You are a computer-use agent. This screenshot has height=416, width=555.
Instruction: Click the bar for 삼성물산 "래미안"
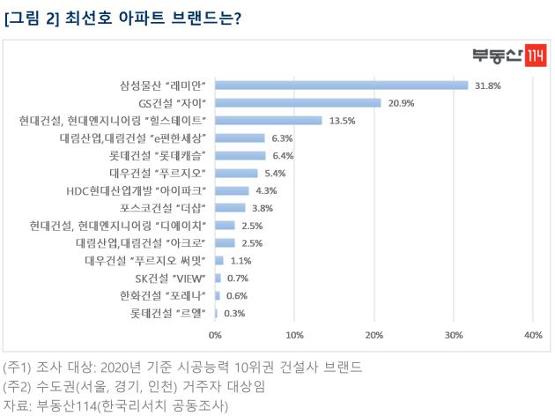tap(342, 85)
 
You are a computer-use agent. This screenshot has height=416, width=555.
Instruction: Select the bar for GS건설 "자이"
tap(298, 103)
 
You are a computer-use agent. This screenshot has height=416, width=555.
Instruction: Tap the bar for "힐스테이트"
tap(269, 120)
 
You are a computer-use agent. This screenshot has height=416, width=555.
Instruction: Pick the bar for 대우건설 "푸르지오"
tap(236, 173)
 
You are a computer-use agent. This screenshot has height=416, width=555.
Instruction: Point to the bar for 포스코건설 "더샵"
tap(230, 208)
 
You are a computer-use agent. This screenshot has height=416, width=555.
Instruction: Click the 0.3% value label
tap(234, 313)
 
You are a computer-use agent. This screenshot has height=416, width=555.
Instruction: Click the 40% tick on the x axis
tap(532, 335)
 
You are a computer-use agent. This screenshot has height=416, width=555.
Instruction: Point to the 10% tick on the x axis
tap(294, 335)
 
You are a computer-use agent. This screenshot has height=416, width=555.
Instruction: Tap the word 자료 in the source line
tap(14, 405)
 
